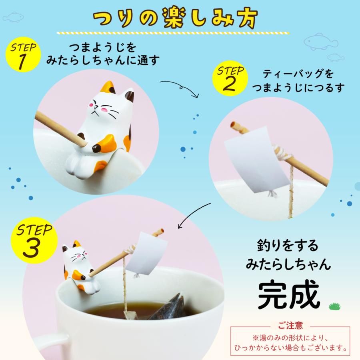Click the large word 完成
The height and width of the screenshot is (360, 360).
pyautogui.click(x=288, y=296)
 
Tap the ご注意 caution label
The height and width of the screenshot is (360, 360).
pyautogui.click(x=290, y=325)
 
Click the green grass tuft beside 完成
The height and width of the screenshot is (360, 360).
pyautogui.click(x=334, y=307)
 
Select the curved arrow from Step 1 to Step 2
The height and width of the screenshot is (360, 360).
pyautogui.click(x=180, y=86)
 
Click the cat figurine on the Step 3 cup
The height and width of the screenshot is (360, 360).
pyautogui.click(x=78, y=266)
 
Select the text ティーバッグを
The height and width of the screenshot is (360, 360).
pyautogui.click(x=298, y=74)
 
